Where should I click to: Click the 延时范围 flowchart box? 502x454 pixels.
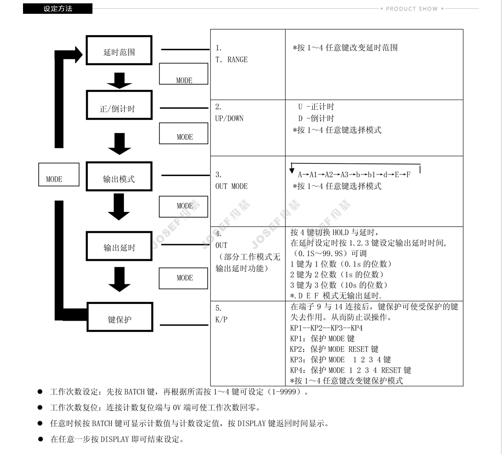click(x=119, y=51)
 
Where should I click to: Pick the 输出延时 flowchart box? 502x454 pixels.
click(x=119, y=246)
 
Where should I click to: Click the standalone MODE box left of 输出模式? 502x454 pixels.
click(x=58, y=175)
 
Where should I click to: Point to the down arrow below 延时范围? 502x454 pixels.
click(x=119, y=80)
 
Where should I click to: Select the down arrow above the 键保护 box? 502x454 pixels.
click(x=119, y=279)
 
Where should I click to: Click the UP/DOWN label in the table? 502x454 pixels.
click(x=229, y=118)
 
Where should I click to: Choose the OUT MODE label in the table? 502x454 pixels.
click(x=231, y=186)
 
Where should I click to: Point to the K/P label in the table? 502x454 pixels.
click(x=221, y=320)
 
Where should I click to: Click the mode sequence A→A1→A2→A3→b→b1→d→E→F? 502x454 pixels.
click(x=354, y=175)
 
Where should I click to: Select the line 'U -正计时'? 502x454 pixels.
click(x=316, y=107)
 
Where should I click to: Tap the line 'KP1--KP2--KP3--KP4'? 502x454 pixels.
click(x=326, y=328)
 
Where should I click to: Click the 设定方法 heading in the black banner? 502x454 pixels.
click(x=58, y=8)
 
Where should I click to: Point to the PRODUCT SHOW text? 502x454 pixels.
click(x=412, y=8)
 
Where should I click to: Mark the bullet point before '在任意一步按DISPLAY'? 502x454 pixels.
click(x=40, y=439)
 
